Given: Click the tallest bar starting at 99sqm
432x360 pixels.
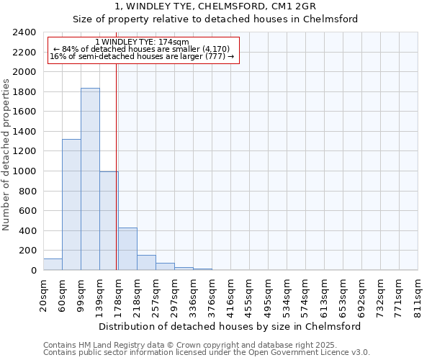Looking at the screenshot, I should [x=90, y=179].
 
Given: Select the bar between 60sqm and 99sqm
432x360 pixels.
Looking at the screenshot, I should [x=71, y=204].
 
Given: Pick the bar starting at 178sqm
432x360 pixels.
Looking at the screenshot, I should [x=127, y=249].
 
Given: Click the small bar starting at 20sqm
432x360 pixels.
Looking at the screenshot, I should [x=53, y=264].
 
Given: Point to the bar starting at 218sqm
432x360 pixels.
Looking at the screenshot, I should [x=146, y=263].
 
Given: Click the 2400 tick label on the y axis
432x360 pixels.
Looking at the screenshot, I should [x=24, y=32].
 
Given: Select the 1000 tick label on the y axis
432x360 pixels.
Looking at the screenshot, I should [x=24, y=171].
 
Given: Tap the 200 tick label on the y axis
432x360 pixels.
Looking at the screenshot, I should [x=27, y=251].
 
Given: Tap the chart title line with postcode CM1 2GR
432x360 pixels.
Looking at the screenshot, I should [x=215, y=6].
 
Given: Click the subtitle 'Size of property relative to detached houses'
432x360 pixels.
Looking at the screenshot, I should [x=215, y=19].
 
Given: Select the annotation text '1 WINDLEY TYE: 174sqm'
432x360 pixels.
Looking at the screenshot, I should [x=142, y=42].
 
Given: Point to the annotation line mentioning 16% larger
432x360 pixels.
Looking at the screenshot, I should [x=142, y=57].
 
